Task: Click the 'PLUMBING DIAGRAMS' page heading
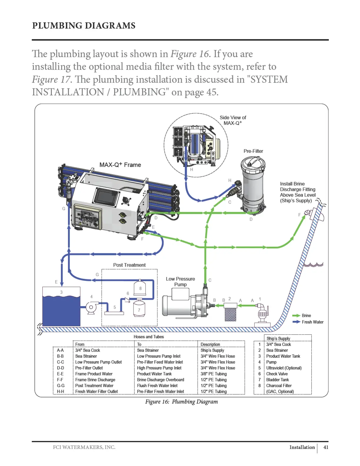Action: (84, 26)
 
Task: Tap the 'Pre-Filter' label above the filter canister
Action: (253, 151)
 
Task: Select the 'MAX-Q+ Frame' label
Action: (120, 165)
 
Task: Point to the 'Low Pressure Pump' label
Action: (180, 282)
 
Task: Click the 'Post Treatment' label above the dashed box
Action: (129, 265)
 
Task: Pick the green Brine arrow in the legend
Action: (296, 315)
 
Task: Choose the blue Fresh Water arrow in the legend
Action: (296, 322)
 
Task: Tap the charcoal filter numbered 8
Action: (140, 287)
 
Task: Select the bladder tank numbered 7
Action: (139, 308)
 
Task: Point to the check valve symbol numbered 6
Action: (128, 299)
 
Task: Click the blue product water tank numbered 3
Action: (61, 307)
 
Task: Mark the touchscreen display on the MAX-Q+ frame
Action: (106, 197)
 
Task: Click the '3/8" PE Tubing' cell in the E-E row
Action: (214, 374)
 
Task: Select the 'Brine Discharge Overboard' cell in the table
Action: (160, 380)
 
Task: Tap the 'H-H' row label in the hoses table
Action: (61, 391)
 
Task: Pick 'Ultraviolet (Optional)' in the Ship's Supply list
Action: (284, 368)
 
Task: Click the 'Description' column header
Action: (210, 344)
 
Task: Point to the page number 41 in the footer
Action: (326, 447)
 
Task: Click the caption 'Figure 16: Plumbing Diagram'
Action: (181, 402)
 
